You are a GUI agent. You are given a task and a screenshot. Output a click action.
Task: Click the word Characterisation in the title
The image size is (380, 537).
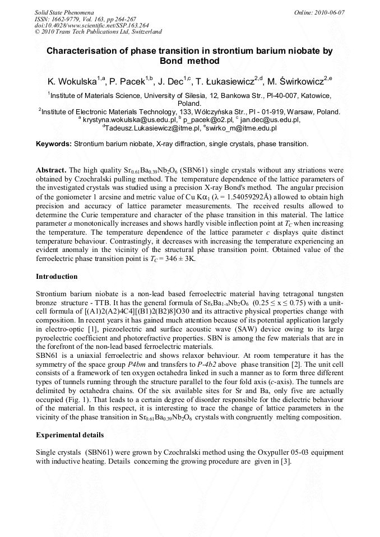pyautogui.click(x=81, y=51)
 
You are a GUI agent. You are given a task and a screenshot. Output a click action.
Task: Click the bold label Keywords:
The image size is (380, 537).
pyautogui.click(x=54, y=144)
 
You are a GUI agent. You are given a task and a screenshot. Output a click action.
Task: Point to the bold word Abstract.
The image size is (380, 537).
pyautogui.click(x=52, y=169)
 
